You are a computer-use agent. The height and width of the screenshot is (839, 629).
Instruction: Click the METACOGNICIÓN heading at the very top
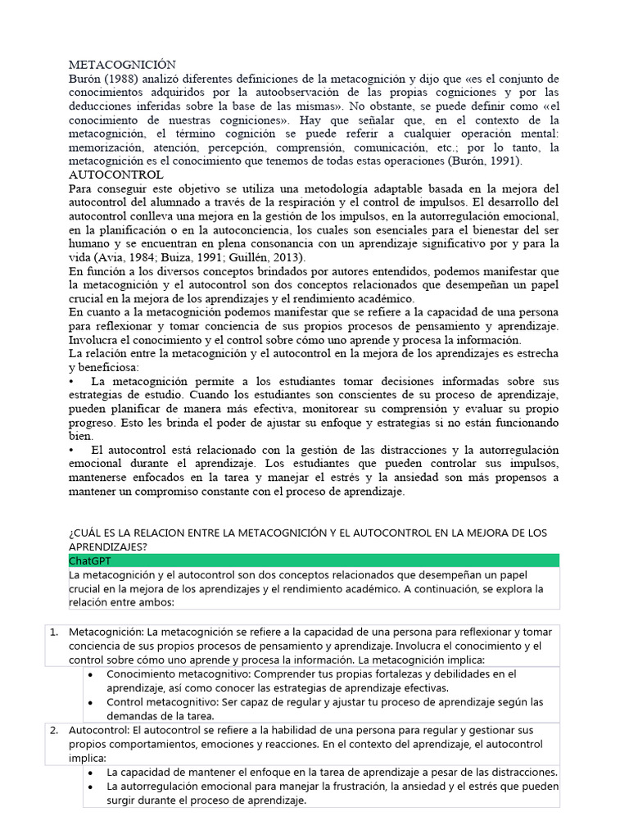click(122, 65)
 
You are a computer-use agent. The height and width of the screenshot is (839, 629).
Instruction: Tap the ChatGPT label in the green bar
click(90, 560)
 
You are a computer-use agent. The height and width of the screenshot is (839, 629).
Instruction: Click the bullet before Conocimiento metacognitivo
click(89, 674)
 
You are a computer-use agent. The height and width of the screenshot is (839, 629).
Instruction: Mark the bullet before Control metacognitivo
click(89, 703)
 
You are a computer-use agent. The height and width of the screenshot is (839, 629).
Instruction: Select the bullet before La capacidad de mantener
click(89, 773)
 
